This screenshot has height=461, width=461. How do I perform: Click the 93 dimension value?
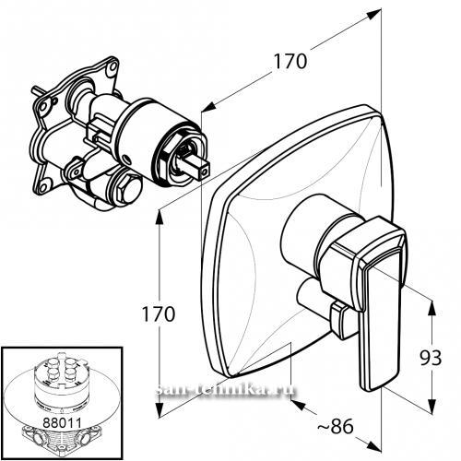point(431,358)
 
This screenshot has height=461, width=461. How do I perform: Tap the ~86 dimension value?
point(335,426)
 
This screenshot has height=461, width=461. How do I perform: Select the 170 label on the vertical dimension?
point(158,313)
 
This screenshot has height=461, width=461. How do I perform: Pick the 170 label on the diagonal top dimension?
point(290,61)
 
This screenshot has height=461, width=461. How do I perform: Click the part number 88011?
point(62,422)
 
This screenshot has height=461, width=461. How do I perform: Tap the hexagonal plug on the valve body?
point(129,188)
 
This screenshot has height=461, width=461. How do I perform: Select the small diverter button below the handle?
point(342,320)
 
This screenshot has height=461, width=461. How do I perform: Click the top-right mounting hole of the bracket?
point(113,66)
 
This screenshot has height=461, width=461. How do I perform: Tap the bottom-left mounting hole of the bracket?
point(44,186)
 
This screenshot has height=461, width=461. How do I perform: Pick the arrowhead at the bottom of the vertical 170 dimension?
point(160,410)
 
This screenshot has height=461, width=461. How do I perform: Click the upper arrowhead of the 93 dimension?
point(432,308)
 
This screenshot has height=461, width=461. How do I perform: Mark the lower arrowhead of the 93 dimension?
point(432,407)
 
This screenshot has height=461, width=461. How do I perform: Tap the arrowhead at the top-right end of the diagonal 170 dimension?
point(374,15)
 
